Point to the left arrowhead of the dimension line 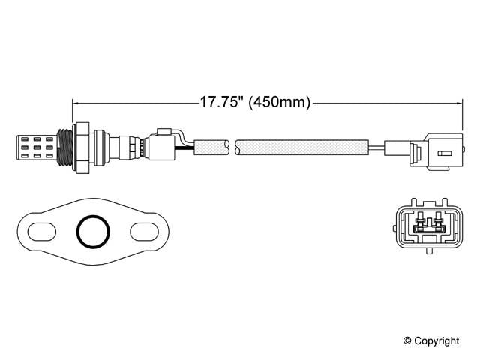pos(76,101)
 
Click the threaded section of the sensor pos(66,145)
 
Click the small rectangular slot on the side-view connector pos(444,155)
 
